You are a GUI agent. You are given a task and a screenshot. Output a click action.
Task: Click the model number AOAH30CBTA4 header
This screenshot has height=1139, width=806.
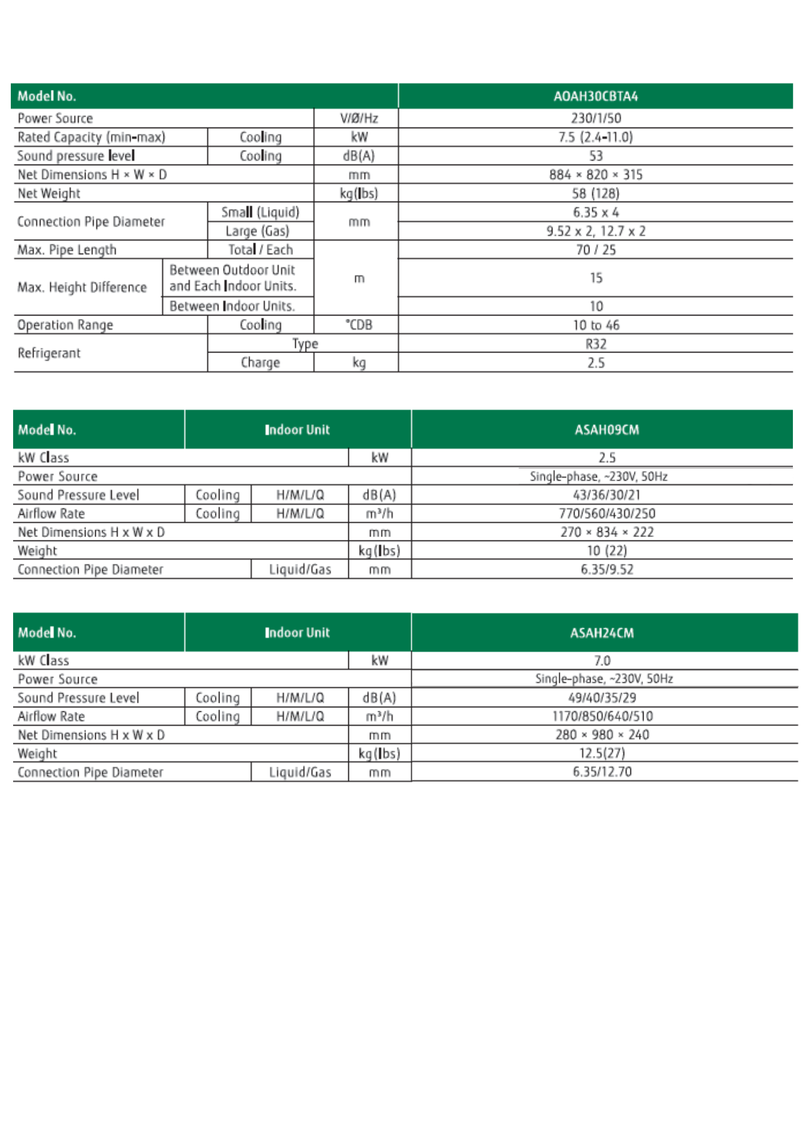(x=595, y=96)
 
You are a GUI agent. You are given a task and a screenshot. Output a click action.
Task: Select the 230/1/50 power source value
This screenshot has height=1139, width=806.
(x=596, y=118)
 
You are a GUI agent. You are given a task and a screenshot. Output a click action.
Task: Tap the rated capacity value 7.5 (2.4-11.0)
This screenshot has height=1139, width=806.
(x=595, y=137)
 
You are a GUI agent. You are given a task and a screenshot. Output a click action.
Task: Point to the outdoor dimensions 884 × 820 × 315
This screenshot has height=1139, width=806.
(x=596, y=175)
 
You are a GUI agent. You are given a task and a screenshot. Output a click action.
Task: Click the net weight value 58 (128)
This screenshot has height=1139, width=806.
(x=596, y=194)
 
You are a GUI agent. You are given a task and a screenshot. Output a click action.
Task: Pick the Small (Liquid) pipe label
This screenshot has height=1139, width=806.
(x=260, y=212)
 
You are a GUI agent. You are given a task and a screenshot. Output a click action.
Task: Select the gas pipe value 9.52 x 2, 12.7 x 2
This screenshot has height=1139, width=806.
(x=596, y=231)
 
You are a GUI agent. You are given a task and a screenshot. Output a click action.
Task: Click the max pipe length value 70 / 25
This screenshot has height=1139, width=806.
(x=596, y=250)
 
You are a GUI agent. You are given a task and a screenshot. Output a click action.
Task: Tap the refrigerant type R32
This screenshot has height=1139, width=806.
(x=596, y=344)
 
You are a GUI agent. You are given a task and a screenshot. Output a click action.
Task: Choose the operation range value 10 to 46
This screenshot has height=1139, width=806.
(x=596, y=325)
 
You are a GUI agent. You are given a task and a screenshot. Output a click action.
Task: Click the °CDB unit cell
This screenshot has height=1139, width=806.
(x=359, y=325)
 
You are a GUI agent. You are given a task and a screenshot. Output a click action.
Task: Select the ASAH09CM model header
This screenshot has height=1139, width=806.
(x=606, y=430)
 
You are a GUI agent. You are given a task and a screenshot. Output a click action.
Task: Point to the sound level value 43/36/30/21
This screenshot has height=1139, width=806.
(x=606, y=495)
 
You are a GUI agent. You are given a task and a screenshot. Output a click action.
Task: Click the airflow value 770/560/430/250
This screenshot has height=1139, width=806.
(x=606, y=514)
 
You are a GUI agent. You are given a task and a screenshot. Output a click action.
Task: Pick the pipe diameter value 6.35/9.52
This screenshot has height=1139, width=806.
(x=606, y=569)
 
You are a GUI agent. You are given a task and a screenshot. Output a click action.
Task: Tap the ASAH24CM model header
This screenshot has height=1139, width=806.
(x=602, y=633)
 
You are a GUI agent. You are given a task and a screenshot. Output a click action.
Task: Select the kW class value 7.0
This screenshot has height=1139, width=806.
(x=602, y=661)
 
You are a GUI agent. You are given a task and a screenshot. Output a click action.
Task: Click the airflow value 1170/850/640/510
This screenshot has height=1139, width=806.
(x=602, y=716)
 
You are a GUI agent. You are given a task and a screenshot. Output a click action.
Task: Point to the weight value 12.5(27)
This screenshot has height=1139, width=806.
(x=602, y=753)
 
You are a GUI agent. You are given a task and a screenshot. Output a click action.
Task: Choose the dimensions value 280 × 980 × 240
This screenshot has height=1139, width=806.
(x=602, y=735)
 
